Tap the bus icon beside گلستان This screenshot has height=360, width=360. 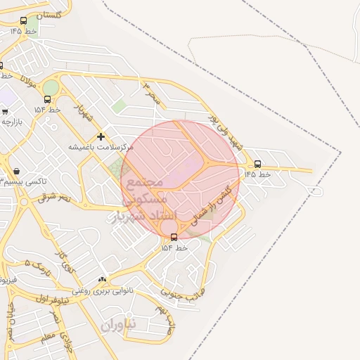pyautogui.click(x=24, y=21)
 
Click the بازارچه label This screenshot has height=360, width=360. pyautogui.click(x=11, y=122)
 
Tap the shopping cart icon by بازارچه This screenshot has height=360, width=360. pyautogui.click(x=5, y=111)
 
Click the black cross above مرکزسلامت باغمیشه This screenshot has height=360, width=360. pyautogui.click(x=101, y=136)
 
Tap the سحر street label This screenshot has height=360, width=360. pyautogui.click(x=153, y=94)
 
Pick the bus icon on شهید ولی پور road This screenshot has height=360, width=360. pyautogui.click(x=257, y=164)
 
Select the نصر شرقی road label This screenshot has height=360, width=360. pyautogui.click(x=55, y=198)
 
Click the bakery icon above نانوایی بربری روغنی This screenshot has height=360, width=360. pyautogui.click(x=103, y=280)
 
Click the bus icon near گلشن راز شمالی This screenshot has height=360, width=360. pyautogui.click(x=174, y=237)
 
